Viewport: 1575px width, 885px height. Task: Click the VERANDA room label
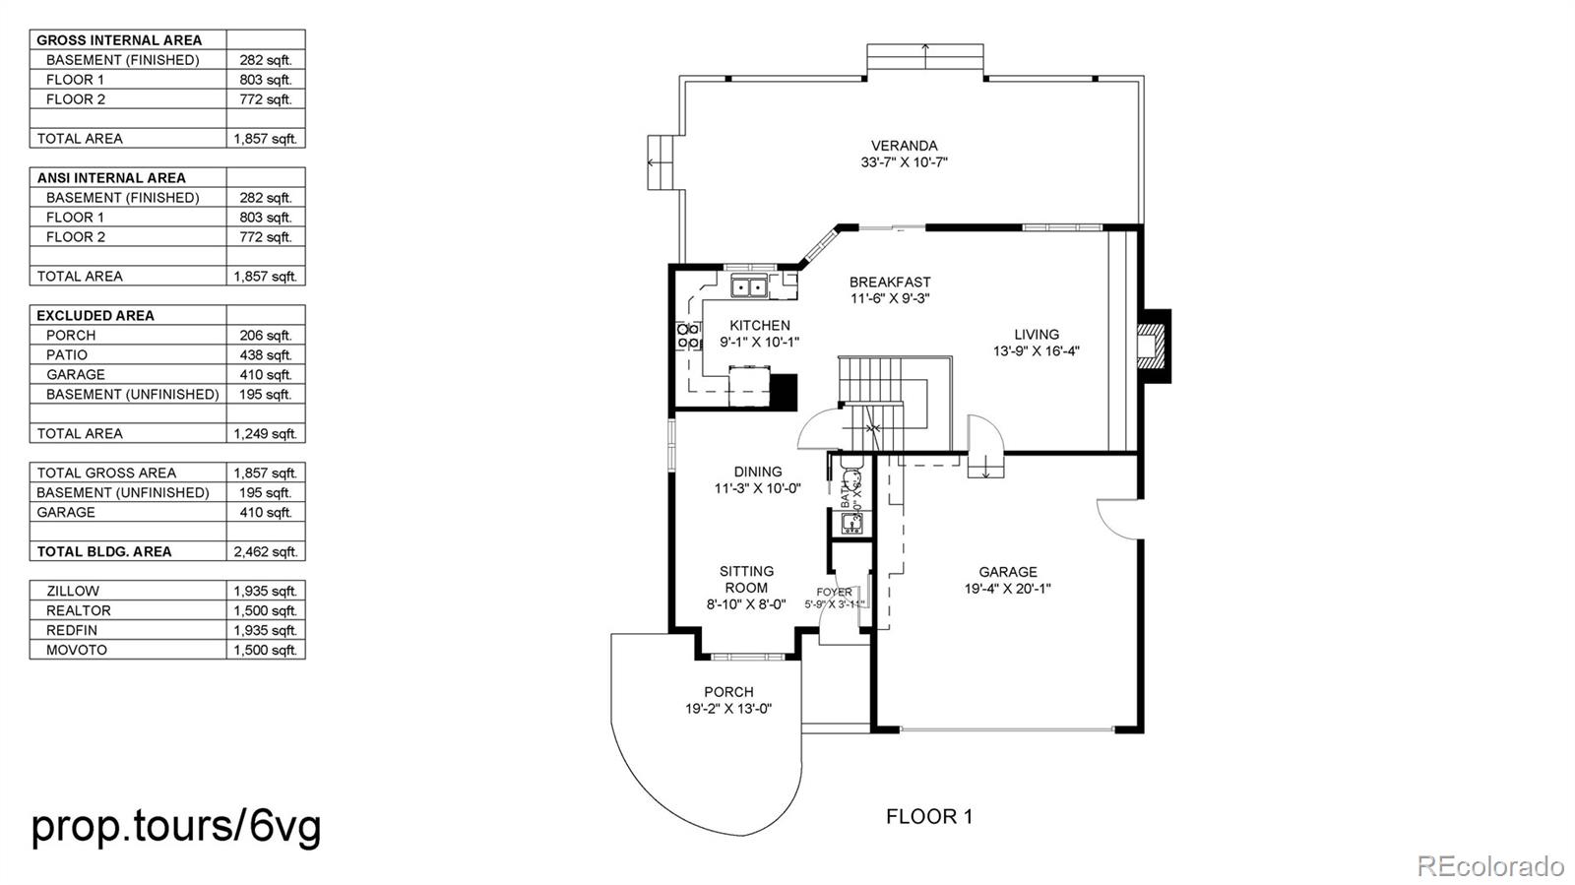(904, 146)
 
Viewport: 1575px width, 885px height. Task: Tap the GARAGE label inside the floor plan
(1007, 572)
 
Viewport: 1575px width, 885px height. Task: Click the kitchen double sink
(750, 287)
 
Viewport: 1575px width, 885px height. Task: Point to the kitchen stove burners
(688, 336)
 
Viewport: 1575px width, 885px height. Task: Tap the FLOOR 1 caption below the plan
(928, 816)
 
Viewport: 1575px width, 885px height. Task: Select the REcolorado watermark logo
(1489, 866)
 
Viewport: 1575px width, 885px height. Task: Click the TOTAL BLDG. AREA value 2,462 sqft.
(265, 551)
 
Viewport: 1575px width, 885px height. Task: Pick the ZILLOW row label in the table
(73, 591)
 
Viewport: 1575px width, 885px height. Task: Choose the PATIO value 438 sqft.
(265, 354)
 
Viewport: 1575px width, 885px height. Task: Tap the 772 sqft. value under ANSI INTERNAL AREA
(265, 236)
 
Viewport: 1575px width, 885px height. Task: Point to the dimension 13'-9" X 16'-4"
(1036, 350)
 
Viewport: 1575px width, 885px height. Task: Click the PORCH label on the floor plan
(728, 692)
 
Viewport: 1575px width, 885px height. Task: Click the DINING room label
(757, 472)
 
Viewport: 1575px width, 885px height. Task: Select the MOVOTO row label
(77, 650)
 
